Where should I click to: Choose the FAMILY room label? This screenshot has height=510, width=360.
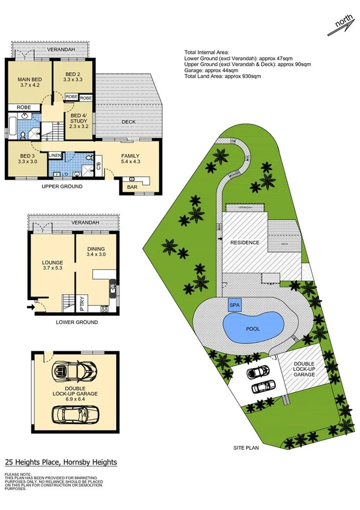[130, 156]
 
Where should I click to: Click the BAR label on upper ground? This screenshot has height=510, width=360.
[132, 188]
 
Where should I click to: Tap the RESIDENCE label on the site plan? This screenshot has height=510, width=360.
[245, 242]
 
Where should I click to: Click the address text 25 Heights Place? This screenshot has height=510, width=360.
[61, 462]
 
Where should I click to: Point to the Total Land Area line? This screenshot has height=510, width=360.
[222, 77]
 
